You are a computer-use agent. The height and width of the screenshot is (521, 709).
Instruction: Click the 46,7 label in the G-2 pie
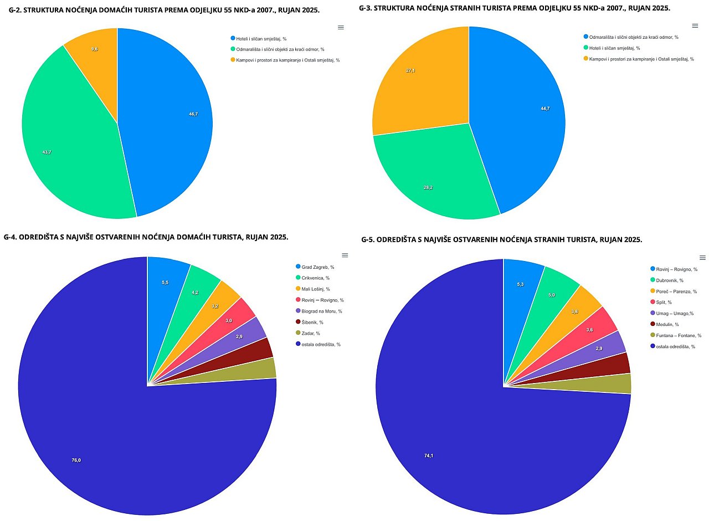pos(193,114)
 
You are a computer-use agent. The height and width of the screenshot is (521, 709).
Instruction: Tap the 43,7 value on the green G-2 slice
pos(47,152)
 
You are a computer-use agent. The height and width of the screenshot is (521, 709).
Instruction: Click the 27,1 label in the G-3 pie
pos(410,70)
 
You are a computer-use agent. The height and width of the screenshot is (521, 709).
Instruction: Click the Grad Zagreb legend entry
pos(317,267)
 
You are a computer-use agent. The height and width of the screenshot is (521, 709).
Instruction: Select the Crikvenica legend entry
pos(315,278)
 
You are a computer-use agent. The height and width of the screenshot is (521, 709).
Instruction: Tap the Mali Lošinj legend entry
pos(315,289)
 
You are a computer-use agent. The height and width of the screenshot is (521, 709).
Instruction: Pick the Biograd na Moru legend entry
pos(321,311)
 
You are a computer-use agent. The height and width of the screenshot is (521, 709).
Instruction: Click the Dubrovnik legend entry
pos(670,280)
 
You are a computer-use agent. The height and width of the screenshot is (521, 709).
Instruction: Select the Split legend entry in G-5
pos(664,302)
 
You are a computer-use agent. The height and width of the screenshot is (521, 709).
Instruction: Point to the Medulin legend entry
pos(667,324)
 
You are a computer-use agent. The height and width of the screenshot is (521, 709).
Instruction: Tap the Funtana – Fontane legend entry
pos(679,335)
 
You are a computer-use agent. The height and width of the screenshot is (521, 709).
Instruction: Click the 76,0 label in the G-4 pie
pos(76,460)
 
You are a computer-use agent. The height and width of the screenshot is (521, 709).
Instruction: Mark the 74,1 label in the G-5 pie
pos(429,456)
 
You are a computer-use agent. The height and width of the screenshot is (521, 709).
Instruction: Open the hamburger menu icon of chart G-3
pos(695,25)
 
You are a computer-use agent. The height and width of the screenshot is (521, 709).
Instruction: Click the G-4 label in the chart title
pos(11,237)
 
